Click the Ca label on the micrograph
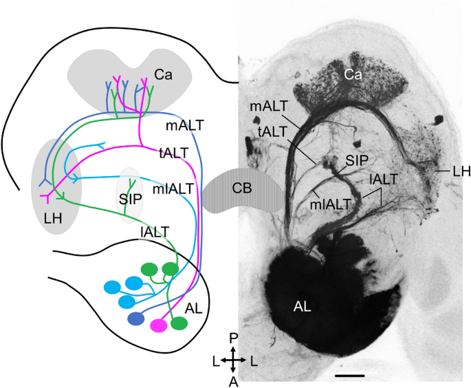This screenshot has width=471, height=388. click(354, 74)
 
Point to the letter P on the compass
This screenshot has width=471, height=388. click(234, 337)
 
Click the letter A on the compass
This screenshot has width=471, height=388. click(234, 380)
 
